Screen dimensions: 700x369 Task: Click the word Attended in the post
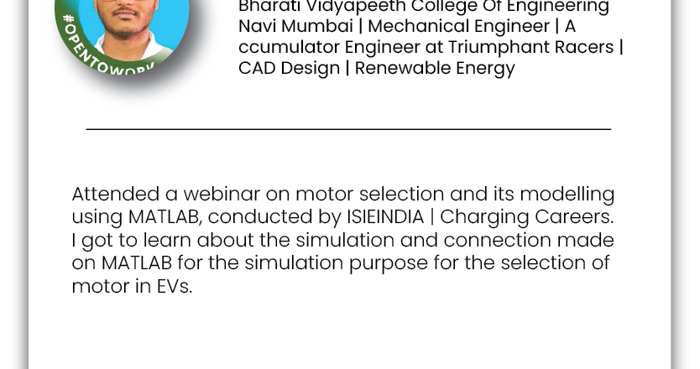[x=116, y=194]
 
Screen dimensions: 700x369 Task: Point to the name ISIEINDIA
[x=385, y=217]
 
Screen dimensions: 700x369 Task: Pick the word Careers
[x=574, y=217]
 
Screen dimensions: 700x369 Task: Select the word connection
[x=498, y=240]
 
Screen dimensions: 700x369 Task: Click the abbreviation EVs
[x=174, y=286]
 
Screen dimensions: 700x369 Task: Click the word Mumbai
[x=317, y=26]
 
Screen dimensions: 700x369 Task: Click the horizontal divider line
[x=348, y=129]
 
